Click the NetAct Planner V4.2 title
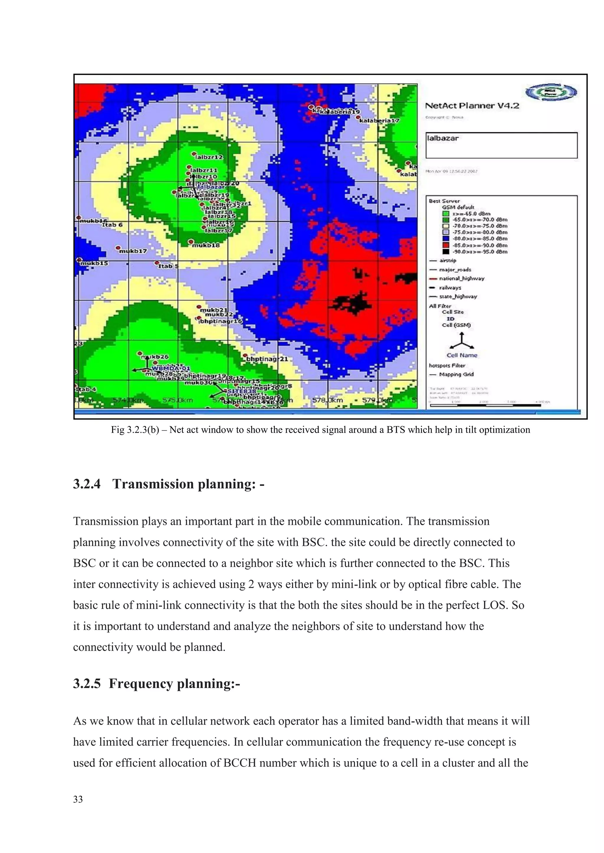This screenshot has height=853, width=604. point(472,106)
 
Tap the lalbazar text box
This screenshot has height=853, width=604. point(501,145)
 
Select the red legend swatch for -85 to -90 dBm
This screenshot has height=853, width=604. point(446,245)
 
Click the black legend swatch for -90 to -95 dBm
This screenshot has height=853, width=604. point(446,252)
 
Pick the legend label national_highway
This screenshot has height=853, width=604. point(462,278)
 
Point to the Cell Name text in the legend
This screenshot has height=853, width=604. point(462,355)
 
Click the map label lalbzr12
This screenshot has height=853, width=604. point(209,157)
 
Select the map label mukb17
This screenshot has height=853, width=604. point(133,251)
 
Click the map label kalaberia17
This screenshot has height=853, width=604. point(379,121)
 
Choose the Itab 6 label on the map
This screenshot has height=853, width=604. point(112,225)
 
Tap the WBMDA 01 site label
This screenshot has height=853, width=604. point(171,368)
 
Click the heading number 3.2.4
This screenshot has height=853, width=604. point(87,484)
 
